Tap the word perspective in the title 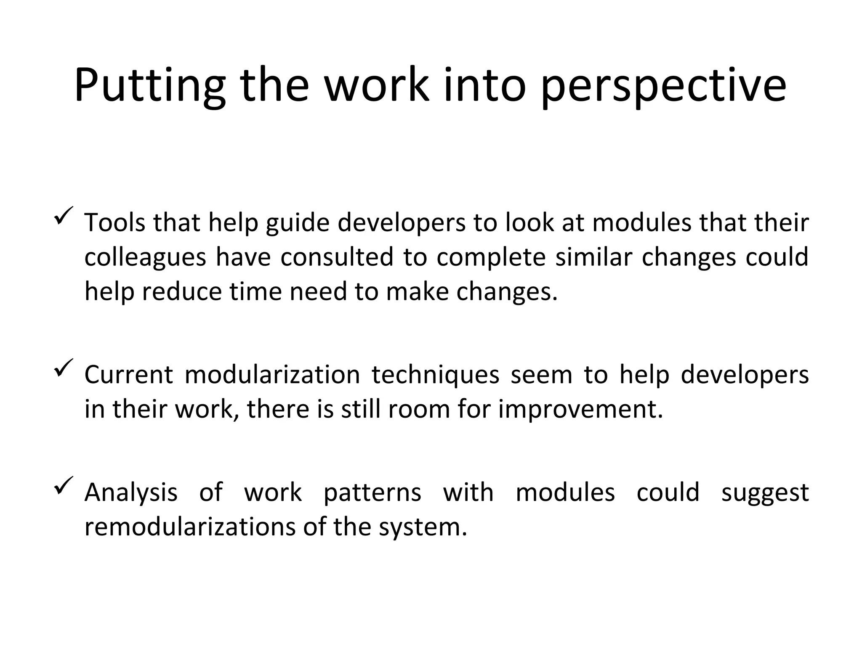(663, 86)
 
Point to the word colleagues (145, 257)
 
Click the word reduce (181, 291)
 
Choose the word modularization (272, 375)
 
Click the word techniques (435, 376)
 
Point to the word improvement (580, 410)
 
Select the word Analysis (131, 493)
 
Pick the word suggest (765, 493)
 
